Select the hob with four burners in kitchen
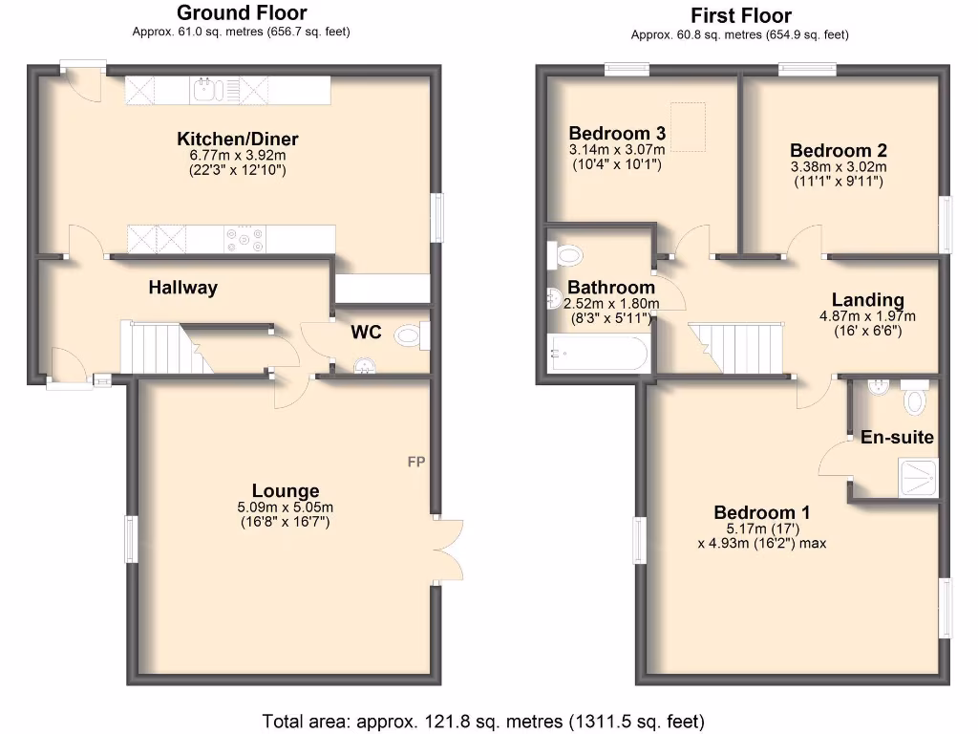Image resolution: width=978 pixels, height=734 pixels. coord(244,239)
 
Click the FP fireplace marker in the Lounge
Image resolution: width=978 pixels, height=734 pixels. coord(415,463)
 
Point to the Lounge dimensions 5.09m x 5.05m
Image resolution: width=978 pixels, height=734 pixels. coord(284,507)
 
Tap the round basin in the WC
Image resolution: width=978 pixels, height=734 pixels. coord(363,366)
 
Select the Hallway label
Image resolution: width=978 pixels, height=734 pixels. coord(182,287)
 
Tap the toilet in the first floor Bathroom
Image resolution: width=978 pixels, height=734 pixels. coord(565,255)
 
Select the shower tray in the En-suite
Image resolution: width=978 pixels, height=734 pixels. coord(918,476)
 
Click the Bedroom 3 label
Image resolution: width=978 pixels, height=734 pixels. coord(617,133)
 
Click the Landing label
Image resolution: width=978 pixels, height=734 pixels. coord(867,300)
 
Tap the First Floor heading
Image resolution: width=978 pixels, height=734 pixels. coord(740,15)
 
